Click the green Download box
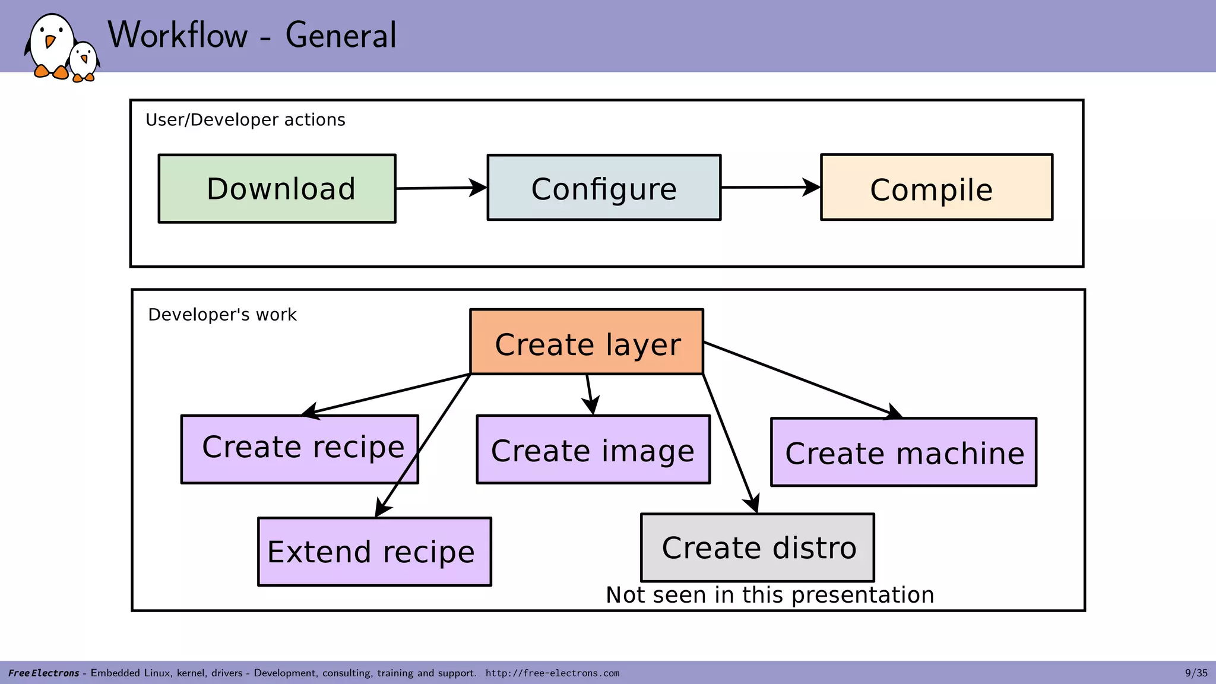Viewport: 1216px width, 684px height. [x=277, y=189]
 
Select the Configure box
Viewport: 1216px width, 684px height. [x=604, y=188]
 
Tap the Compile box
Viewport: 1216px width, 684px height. [x=936, y=188]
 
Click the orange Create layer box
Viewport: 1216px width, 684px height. [x=587, y=343]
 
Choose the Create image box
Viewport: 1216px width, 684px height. [x=593, y=449]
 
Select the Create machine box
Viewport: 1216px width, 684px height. [x=903, y=452]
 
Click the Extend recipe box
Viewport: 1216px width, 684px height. [x=374, y=552]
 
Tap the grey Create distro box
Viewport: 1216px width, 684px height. [x=758, y=547]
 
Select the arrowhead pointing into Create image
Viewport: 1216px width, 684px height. [x=591, y=406]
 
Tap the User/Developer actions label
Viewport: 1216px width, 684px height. [x=245, y=120]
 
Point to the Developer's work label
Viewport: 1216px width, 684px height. [x=222, y=315]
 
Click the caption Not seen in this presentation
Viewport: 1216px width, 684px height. [x=769, y=595]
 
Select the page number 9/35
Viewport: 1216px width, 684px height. [x=1196, y=673]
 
